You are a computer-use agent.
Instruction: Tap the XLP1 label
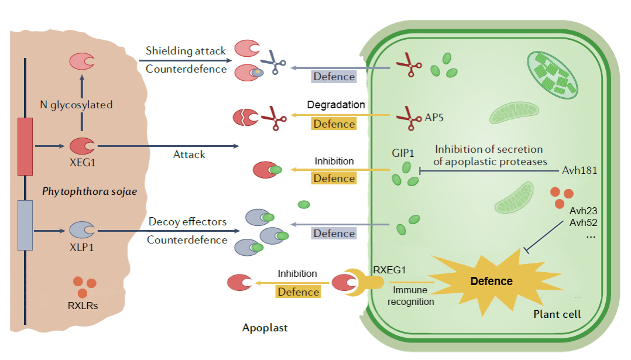(82, 247)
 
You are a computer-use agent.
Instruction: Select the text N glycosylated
(76, 105)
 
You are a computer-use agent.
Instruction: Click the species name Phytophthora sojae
(90, 191)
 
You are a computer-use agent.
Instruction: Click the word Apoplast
(265, 328)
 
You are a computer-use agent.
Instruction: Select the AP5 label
(434, 117)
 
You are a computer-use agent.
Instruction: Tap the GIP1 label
(403, 153)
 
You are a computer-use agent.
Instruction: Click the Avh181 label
(579, 172)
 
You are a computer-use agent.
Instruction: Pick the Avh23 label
(583, 210)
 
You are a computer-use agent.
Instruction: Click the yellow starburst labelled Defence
(491, 281)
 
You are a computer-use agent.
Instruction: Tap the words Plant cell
(557, 314)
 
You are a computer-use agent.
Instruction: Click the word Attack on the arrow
(189, 155)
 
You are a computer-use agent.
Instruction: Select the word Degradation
(336, 105)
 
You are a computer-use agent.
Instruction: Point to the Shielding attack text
(186, 51)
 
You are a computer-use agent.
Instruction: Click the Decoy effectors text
(187, 222)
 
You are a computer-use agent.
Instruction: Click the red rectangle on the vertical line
(25, 146)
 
